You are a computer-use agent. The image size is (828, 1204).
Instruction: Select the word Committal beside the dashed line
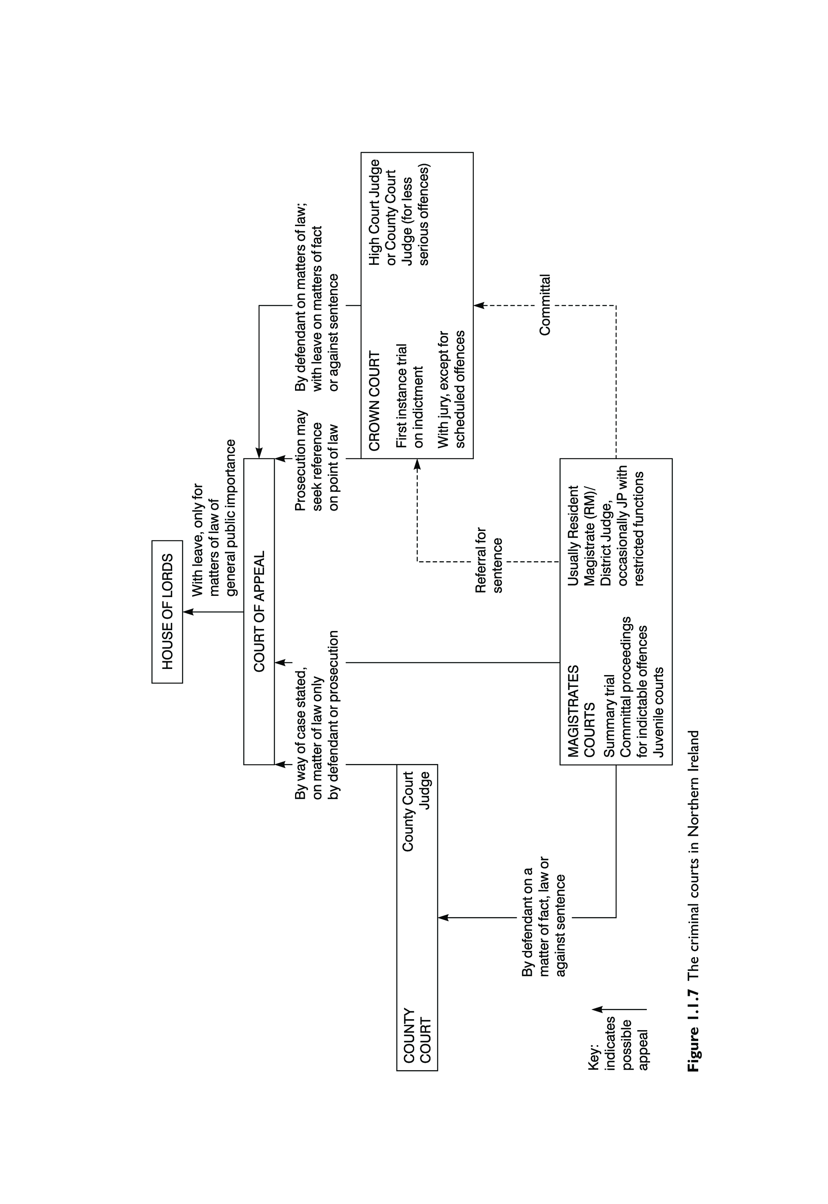tap(544, 305)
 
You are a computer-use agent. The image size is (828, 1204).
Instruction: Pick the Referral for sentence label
tap(489, 560)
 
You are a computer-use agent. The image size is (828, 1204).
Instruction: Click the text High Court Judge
tap(374, 212)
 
